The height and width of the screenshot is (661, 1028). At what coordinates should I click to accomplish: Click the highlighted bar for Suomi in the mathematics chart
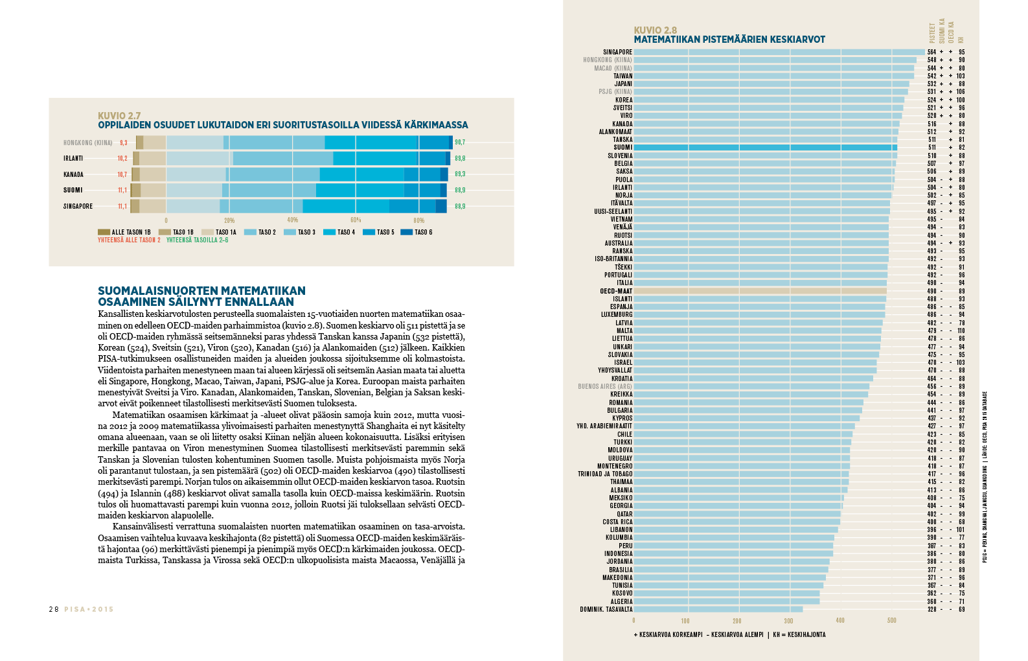764,148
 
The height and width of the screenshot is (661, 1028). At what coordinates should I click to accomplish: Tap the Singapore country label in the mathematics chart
617,52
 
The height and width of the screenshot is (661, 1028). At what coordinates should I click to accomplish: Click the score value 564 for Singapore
931,52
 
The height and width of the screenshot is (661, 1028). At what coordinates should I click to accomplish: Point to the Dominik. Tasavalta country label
606,609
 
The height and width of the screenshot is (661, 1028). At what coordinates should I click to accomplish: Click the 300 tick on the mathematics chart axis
788,621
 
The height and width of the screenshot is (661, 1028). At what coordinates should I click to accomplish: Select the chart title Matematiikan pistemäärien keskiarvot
729,40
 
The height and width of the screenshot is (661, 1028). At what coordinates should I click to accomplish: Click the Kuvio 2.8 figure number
655,30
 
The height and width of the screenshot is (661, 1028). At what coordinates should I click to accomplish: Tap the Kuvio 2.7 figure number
119,115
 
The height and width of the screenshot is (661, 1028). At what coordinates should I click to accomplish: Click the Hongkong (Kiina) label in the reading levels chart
87,143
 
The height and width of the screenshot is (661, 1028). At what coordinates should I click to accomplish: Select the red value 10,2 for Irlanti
122,158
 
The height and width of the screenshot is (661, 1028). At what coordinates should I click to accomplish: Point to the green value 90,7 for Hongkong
460,143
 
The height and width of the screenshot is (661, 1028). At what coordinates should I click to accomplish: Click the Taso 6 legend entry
417,232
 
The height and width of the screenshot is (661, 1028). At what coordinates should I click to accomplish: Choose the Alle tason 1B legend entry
124,232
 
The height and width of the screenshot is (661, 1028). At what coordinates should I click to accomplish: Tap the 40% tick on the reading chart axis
293,220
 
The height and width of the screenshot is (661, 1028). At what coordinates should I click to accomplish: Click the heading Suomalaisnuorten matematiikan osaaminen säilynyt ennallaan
201,296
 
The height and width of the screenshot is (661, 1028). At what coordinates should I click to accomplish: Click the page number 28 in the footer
53,609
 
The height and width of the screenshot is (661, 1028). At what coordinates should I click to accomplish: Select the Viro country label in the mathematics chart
626,116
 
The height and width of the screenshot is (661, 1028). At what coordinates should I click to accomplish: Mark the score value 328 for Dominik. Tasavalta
931,609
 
